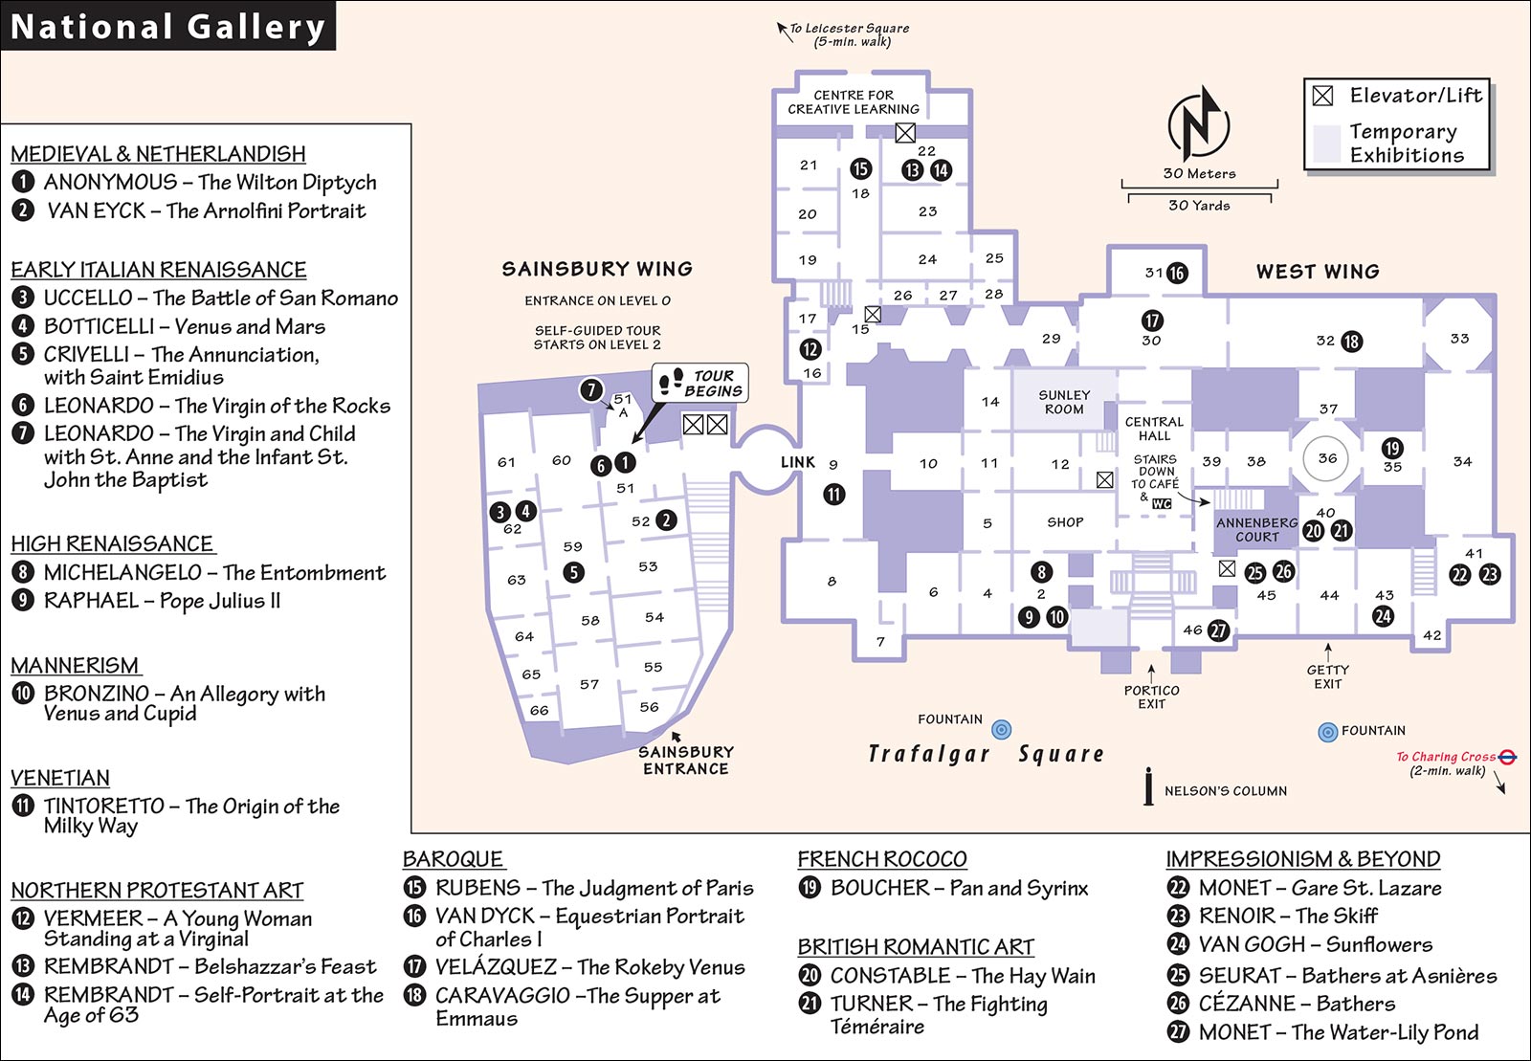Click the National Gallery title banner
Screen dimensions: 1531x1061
point(167,25)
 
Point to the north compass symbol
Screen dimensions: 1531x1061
point(1198,123)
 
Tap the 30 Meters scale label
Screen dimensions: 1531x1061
point(1200,173)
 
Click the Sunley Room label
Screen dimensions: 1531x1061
point(1064,402)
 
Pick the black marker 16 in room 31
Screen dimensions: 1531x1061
point(1176,274)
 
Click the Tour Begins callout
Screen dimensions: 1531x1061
point(699,384)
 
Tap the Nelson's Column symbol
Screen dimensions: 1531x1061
point(1149,786)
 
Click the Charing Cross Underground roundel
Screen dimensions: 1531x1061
point(1507,757)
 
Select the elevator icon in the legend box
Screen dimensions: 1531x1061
point(1322,96)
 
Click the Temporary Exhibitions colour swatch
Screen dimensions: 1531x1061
point(1326,144)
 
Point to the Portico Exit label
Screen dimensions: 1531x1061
point(1152,696)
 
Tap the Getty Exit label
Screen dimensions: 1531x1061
point(1328,676)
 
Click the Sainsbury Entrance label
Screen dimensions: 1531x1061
point(686,761)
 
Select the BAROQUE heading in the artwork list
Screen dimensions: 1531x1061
point(453,859)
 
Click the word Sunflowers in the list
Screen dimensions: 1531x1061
point(1379,944)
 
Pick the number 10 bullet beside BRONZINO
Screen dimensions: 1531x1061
point(23,694)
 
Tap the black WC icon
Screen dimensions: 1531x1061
point(1162,503)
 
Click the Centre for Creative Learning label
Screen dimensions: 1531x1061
point(854,101)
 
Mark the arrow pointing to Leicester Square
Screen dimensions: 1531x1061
point(785,33)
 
